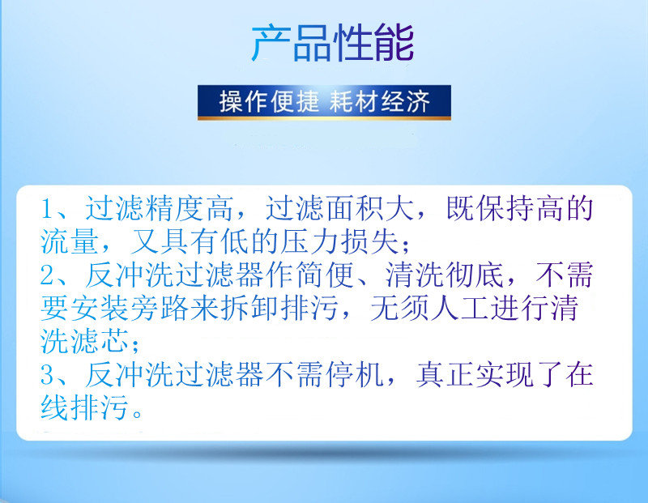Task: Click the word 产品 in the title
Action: tap(292, 43)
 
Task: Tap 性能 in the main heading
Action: tap(373, 43)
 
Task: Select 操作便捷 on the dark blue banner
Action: tap(269, 101)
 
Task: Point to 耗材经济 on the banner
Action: tap(380, 101)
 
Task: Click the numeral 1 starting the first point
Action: tap(48, 209)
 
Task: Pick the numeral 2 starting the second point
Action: tap(48, 275)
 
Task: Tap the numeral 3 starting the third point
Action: tap(48, 375)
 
